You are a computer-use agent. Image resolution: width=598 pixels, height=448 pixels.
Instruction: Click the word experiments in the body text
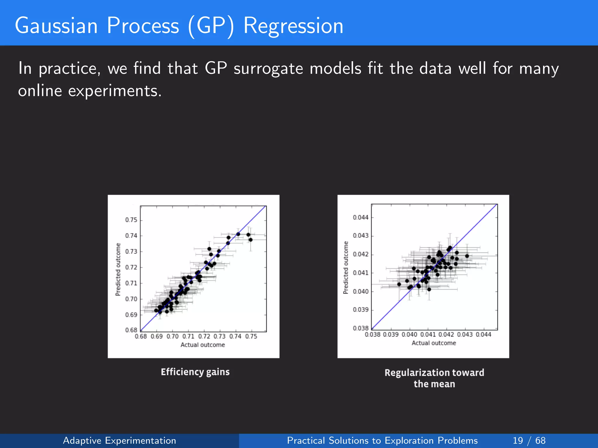(x=115, y=91)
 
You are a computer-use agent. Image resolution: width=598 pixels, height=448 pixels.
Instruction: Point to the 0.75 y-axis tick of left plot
(x=131, y=220)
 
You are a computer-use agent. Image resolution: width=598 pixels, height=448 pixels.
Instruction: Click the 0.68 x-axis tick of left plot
(x=141, y=337)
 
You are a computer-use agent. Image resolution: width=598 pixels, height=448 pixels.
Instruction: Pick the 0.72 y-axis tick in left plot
(x=131, y=267)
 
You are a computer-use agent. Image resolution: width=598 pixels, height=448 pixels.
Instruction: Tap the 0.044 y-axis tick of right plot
(x=361, y=218)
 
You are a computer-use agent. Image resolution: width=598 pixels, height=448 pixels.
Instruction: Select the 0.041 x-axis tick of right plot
(x=428, y=335)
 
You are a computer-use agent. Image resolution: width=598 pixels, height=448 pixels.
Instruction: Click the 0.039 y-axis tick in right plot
(x=361, y=310)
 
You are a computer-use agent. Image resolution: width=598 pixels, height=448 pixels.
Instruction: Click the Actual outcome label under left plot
(x=203, y=345)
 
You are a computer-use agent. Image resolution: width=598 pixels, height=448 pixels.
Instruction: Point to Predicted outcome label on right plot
(x=346, y=267)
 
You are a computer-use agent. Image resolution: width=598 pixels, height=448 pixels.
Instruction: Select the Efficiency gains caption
(x=195, y=372)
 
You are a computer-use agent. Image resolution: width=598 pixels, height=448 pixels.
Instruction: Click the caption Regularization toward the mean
(x=434, y=378)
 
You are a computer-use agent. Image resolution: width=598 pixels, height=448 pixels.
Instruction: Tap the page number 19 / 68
(x=529, y=440)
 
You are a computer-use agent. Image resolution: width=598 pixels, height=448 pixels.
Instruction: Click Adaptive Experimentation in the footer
(x=119, y=440)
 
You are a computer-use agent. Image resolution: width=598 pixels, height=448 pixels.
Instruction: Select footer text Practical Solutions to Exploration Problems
(x=382, y=440)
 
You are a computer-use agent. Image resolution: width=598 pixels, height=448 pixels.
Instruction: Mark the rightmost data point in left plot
(x=251, y=240)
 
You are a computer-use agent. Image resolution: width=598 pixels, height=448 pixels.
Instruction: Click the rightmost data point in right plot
(x=467, y=256)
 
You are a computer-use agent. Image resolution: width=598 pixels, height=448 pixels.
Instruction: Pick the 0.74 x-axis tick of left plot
(x=235, y=337)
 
